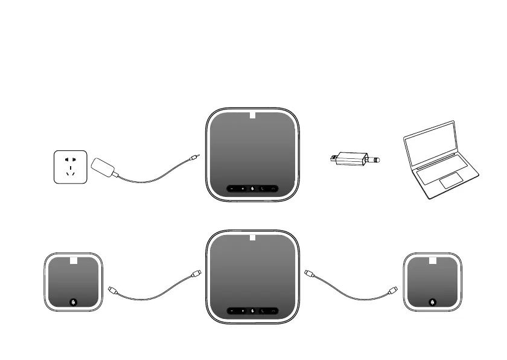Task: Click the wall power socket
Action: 70,167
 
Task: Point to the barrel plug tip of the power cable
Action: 193,158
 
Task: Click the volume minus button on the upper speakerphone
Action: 232,189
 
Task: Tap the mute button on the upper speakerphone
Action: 252,189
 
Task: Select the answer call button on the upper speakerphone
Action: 263,189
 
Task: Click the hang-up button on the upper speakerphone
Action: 273,189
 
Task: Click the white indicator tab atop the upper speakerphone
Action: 253,116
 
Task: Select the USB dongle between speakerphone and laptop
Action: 355,159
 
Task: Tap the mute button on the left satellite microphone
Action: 73,301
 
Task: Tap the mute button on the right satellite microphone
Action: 433,301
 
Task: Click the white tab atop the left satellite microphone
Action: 72,261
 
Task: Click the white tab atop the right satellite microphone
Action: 433,261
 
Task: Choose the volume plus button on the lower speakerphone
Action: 242,311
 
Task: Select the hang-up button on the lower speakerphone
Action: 273,311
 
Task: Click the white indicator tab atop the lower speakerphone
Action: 253,236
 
